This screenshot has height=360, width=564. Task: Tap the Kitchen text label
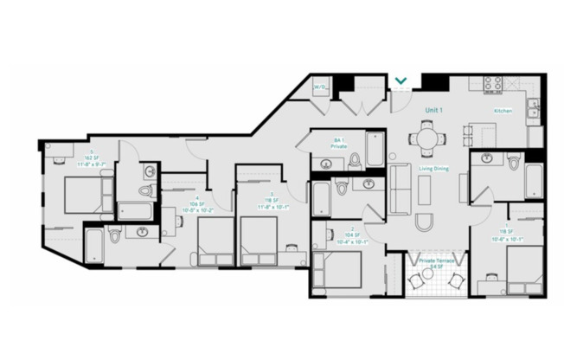click(503, 111)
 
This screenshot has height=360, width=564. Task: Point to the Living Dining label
click(433, 169)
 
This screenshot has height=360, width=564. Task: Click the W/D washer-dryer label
click(319, 87)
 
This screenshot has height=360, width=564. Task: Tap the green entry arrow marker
click(401, 82)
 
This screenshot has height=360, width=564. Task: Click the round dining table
click(428, 135)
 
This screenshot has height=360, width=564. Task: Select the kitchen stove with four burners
click(492, 85)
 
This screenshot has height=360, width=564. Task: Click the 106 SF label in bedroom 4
click(197, 204)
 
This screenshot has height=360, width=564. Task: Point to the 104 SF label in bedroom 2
click(328, 234)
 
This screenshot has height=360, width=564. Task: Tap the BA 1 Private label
click(339, 144)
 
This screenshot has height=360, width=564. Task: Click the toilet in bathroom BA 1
click(354, 160)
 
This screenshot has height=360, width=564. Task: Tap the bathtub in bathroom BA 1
click(375, 149)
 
